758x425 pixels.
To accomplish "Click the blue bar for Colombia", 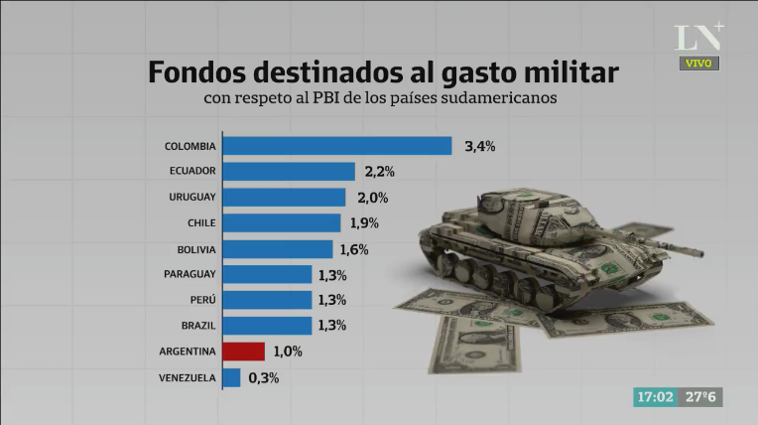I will pyautogui.click(x=336, y=146).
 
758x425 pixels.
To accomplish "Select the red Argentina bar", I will pyautogui.click(x=243, y=352).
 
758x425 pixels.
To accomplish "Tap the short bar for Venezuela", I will pyautogui.click(x=231, y=377).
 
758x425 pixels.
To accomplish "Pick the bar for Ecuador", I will pyautogui.click(x=288, y=171).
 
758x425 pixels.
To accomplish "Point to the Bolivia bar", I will pyautogui.click(x=277, y=249).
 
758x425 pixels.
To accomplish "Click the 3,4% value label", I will pyautogui.click(x=480, y=146).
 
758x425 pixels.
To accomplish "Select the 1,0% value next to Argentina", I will pyautogui.click(x=288, y=352).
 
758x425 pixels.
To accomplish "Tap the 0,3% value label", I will pyautogui.click(x=264, y=377).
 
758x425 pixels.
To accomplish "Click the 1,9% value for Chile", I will pyautogui.click(x=364, y=223).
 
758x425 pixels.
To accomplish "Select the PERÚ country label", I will pyautogui.click(x=202, y=300).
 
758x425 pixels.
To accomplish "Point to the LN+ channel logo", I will pyautogui.click(x=698, y=37).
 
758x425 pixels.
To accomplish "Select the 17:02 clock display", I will pyautogui.click(x=655, y=396).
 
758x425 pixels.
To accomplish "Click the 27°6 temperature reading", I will pyautogui.click(x=701, y=396).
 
